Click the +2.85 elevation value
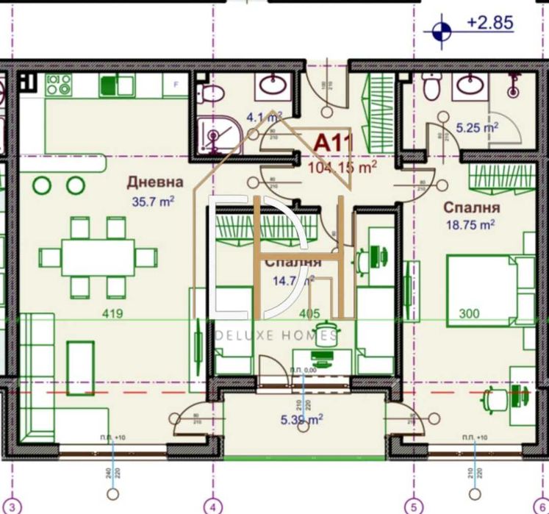click(x=489, y=23)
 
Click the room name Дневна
click(x=154, y=182)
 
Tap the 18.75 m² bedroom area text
click(x=470, y=226)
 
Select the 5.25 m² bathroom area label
click(x=478, y=127)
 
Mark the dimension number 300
click(x=468, y=314)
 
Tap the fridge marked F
click(x=175, y=85)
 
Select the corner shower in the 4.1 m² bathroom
click(x=214, y=136)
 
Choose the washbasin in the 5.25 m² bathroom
click(x=467, y=86)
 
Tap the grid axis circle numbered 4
click(x=213, y=506)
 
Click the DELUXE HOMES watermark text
click(x=276, y=336)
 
